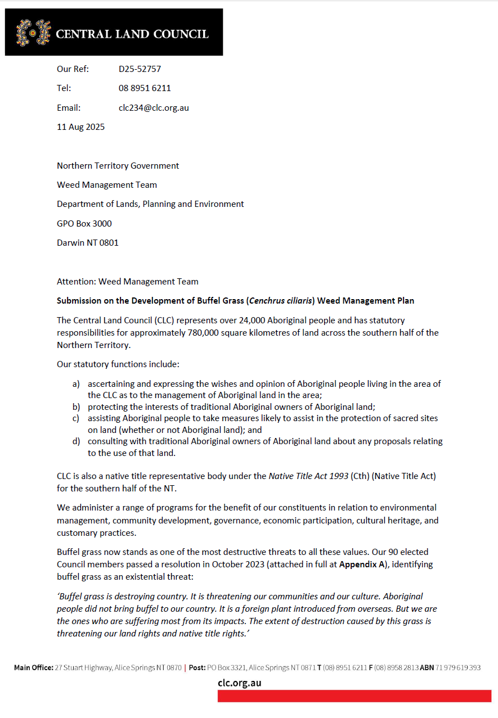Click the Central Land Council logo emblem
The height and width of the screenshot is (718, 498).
click(33, 33)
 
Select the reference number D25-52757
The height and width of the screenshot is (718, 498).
click(140, 69)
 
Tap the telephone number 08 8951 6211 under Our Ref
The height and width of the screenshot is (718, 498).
click(145, 88)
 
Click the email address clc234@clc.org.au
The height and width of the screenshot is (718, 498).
click(154, 107)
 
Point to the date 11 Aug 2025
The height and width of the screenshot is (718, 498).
click(80, 127)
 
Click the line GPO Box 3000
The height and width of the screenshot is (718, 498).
click(84, 224)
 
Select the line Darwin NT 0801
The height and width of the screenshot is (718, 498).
click(88, 243)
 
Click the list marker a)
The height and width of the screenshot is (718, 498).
click(76, 384)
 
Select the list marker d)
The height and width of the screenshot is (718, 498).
click(76, 441)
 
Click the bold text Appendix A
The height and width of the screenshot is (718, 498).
click(361, 564)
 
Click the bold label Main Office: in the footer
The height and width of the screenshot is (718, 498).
click(34, 668)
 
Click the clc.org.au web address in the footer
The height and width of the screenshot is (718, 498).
click(239, 684)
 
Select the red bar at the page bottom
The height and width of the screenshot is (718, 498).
click(354, 696)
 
